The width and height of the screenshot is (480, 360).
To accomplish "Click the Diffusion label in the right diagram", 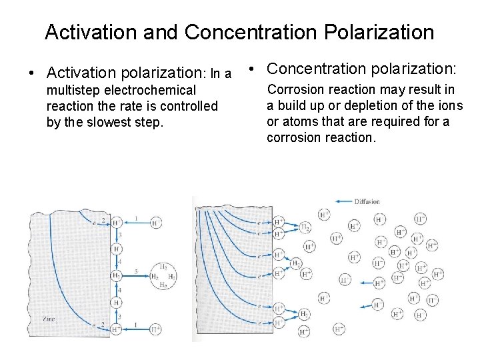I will pos(367,201).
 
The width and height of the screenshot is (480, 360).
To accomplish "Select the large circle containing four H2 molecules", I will pos(163,275).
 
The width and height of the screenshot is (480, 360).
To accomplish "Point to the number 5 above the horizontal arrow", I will pos(136,270).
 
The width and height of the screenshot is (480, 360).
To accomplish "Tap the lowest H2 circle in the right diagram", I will pos(304,330).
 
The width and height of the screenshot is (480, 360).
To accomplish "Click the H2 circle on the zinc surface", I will pos(116,275).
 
